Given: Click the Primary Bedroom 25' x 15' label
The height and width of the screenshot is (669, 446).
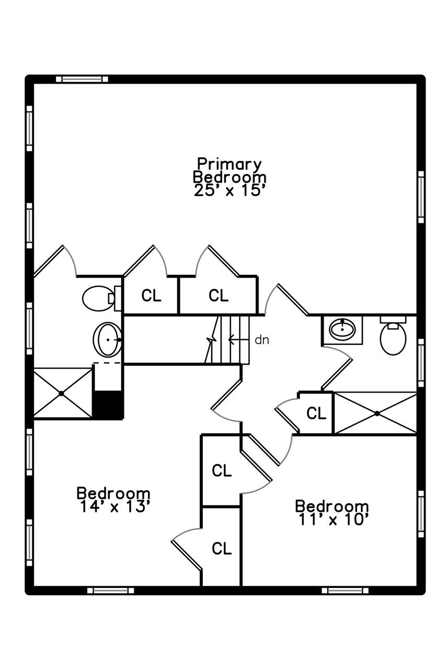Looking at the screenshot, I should tap(230, 177).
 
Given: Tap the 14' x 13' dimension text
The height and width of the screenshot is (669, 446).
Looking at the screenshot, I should tap(116, 506).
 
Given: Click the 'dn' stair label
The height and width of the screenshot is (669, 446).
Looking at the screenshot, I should tap(261, 340).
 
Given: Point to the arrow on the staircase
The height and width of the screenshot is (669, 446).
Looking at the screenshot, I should tap(237, 340).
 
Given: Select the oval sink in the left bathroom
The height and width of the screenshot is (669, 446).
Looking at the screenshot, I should tap(107, 340).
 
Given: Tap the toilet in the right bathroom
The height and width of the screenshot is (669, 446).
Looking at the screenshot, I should tap(393, 338).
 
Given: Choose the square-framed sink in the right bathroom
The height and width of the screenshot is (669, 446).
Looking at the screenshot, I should tap(342, 329).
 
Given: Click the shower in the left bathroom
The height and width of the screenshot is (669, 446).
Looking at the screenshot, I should tap(62, 393).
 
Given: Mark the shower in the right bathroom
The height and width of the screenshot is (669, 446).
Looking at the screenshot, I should tap(375, 413).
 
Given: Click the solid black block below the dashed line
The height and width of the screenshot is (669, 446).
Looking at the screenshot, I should tap(108, 404).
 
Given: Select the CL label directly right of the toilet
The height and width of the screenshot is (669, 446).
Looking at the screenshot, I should tap(151, 296).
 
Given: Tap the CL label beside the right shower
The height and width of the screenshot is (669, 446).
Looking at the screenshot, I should tap(316, 413).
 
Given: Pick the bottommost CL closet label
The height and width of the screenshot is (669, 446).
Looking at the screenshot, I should tap(221, 549).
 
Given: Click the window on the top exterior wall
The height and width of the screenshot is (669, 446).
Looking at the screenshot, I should tap(82, 79).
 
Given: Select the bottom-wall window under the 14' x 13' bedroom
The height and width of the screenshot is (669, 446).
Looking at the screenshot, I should tap(110, 590).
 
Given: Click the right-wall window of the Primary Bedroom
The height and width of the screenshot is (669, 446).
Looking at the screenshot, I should tap(421, 197).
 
